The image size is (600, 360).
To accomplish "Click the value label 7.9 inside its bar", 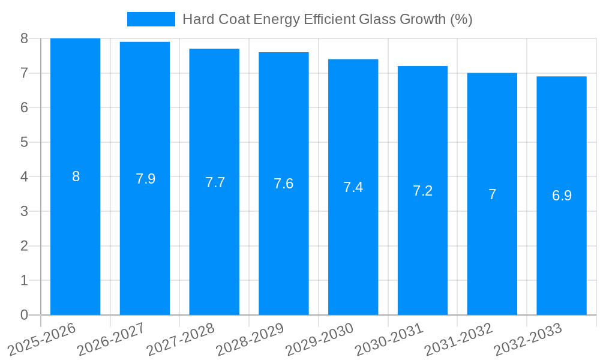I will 145,179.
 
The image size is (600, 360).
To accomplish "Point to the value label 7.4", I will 353,187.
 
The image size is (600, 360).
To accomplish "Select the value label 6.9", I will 562,196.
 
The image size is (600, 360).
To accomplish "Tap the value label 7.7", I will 215,182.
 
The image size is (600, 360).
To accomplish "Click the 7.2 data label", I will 422,191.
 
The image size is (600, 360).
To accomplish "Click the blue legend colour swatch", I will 151,19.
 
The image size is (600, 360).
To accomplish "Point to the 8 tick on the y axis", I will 24,38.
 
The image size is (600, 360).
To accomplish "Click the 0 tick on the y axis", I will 24,315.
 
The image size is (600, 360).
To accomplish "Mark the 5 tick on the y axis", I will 24,142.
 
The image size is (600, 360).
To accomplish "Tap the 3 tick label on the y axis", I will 24,211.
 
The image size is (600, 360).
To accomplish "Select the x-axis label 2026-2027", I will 111,340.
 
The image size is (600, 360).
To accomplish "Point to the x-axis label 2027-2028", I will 181,340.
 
